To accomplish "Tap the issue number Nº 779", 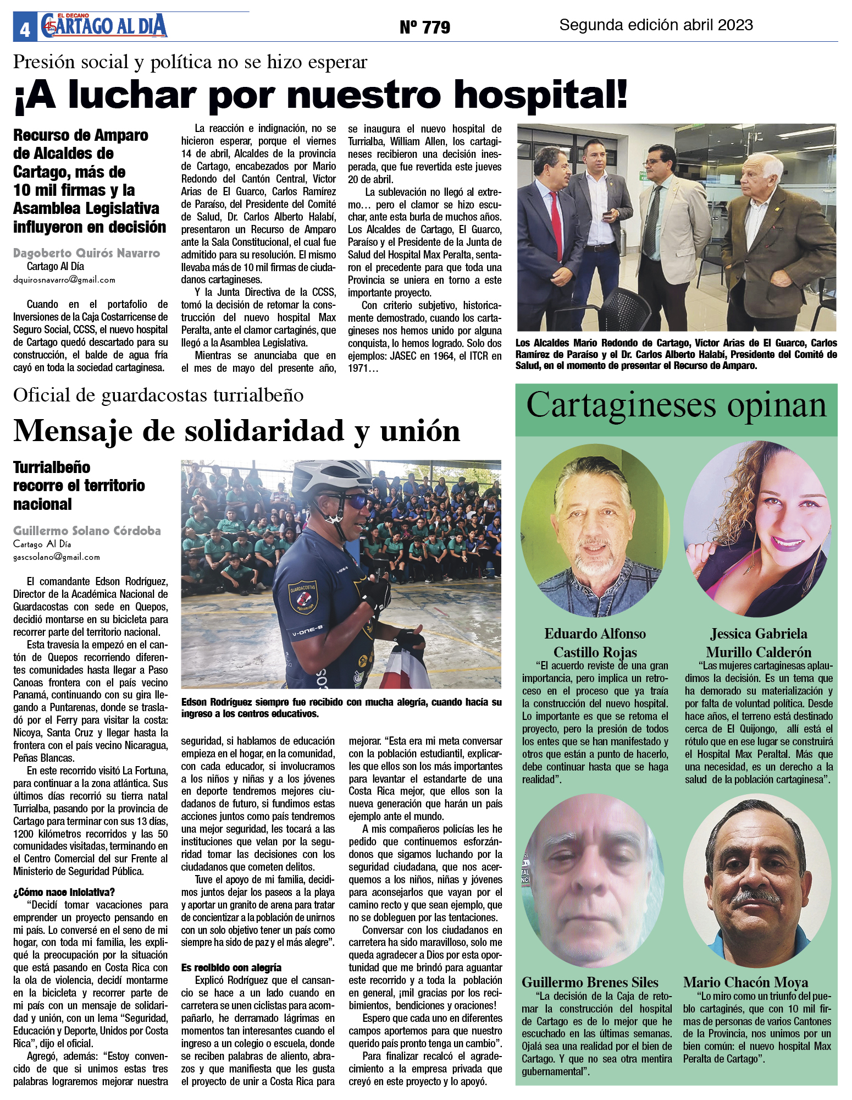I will (x=424, y=27).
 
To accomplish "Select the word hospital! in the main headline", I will (x=541, y=95).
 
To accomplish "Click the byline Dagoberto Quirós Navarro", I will (x=86, y=253).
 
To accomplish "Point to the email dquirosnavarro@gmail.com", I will (x=64, y=279).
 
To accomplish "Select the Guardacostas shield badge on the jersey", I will (x=303, y=596).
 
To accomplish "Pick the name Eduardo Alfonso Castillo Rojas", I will (x=595, y=643).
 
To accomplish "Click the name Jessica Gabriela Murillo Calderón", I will (x=759, y=643).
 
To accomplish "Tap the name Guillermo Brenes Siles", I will (x=590, y=982).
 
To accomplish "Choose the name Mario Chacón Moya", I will (x=745, y=982).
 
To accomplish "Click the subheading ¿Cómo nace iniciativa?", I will (x=64, y=892).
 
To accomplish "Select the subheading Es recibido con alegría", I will (x=231, y=967).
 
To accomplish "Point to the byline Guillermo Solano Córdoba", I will (x=87, y=531).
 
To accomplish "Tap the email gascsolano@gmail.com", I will (x=57, y=557).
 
